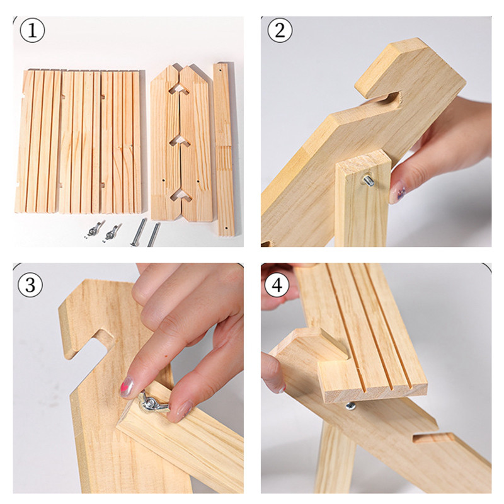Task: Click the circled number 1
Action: pos(32,30)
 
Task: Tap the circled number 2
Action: pos(280,30)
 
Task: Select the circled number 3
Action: pos(30,285)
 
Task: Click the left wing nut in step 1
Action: pos(95,229)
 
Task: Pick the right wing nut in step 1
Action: pos(112,232)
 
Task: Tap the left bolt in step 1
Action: pos(139,232)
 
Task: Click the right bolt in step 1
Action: pos(154,235)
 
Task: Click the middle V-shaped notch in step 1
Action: pos(180,140)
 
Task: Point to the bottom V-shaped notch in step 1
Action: pos(181,195)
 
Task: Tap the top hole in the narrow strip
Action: pos(221,70)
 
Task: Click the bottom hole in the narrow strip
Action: pos(226,228)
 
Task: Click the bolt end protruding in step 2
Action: pos(369,180)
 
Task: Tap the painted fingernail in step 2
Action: pos(398,192)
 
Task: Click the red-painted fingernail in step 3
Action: pos(127,387)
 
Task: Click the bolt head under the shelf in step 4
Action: pos(351,406)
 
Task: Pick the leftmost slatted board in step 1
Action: pos(38,141)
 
